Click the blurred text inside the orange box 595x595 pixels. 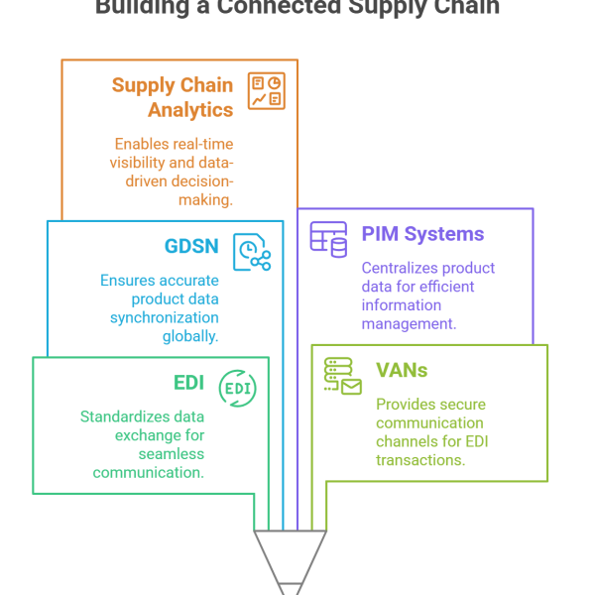(178, 139)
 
